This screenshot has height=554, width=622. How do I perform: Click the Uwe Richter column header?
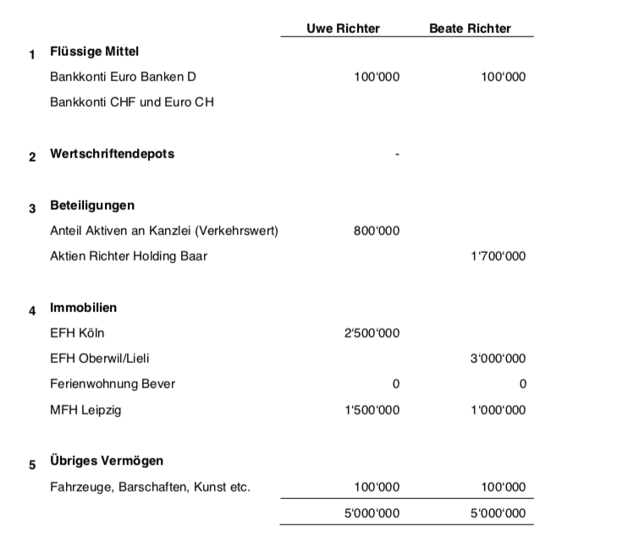[x=343, y=28]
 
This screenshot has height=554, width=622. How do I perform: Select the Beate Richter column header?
[x=470, y=28]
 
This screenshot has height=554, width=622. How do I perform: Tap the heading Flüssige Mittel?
[x=94, y=52]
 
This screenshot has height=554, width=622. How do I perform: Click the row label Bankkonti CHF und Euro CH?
[x=132, y=102]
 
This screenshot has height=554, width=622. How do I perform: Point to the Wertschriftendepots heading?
[x=113, y=154]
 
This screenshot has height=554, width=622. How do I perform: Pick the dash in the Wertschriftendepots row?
[x=397, y=155]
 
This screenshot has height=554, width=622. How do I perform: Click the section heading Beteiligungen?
[x=92, y=206]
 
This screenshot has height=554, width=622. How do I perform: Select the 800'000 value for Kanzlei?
[x=377, y=231]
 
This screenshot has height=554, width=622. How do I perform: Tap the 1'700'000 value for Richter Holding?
[x=498, y=256]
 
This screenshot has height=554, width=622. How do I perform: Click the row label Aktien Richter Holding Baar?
[x=129, y=256]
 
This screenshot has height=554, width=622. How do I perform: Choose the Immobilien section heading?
[x=84, y=308]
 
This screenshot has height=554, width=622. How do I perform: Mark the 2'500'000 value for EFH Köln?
[x=372, y=333]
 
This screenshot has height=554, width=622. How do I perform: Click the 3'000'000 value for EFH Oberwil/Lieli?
[x=498, y=359]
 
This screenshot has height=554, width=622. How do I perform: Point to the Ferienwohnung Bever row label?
[x=113, y=384]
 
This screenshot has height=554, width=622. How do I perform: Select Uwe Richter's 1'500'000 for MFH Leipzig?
[x=372, y=410]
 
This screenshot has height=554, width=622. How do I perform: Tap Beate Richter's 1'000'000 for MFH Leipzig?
[x=498, y=410]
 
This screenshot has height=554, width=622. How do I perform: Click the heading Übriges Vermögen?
[x=107, y=461]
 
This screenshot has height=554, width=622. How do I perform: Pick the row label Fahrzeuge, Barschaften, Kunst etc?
[x=151, y=487]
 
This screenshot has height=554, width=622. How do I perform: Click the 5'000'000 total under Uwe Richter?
[x=372, y=513]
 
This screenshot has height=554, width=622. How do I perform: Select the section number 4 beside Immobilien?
[x=33, y=310]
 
